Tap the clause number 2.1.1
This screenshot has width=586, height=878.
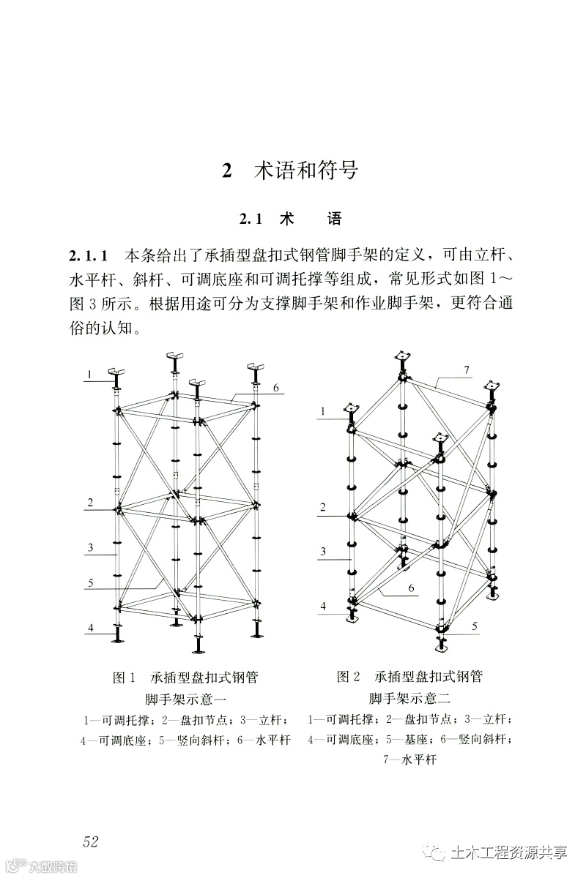point(89,257)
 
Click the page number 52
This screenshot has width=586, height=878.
point(91,841)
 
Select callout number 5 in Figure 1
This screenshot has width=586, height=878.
point(90,583)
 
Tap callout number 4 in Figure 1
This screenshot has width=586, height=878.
point(91,629)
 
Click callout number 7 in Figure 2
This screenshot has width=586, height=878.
point(465,370)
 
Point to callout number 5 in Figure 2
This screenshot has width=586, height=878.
point(475,626)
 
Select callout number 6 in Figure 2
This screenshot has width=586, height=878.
point(411,588)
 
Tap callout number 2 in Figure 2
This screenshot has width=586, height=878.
point(322,507)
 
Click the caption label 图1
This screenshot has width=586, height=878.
point(125,678)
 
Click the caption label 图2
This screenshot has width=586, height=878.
point(349,678)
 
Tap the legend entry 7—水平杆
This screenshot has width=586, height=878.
point(409,760)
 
